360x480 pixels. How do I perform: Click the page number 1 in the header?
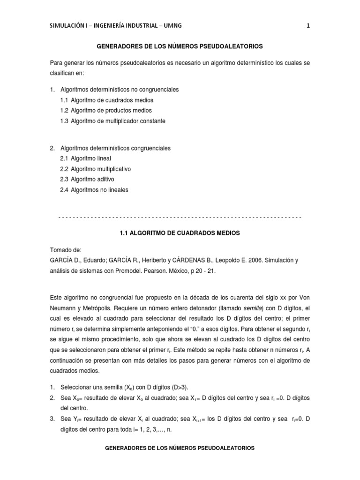tap(308, 26)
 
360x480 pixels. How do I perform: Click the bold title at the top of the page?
tap(180, 46)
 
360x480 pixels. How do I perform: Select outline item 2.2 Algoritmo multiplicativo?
tap(101, 169)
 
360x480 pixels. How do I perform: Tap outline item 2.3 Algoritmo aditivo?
tap(93, 180)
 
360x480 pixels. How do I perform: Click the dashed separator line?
tap(180, 217)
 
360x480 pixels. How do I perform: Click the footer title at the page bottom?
tap(180, 448)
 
